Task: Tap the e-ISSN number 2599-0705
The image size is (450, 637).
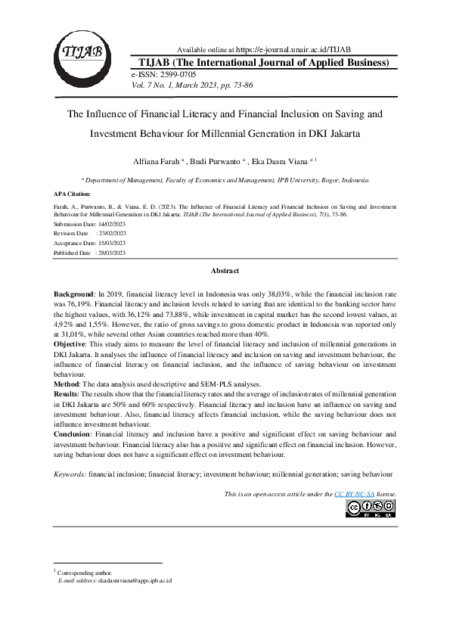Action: pos(177,75)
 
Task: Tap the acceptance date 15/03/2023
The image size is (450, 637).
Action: pos(110,244)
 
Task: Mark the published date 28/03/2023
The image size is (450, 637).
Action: pos(110,253)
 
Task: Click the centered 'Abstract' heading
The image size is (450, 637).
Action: pos(225,271)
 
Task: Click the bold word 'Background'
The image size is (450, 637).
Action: pos(74,293)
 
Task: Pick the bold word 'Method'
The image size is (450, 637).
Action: pos(67,384)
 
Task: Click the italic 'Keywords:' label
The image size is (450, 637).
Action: pos(70,474)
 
